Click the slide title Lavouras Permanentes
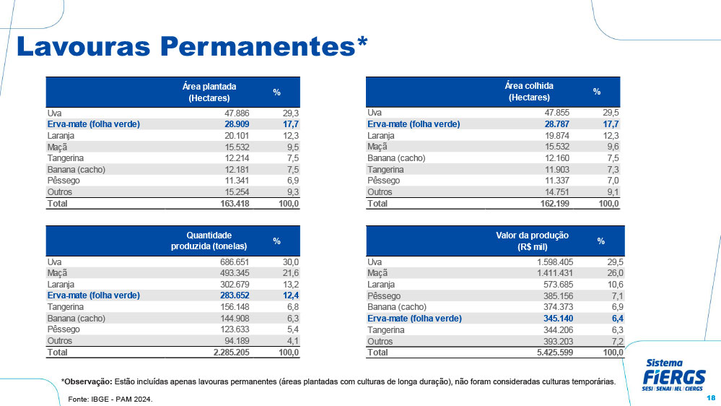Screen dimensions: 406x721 pyautogui.click(x=191, y=46)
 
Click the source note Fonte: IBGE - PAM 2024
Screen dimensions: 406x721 pyautogui.click(x=110, y=399)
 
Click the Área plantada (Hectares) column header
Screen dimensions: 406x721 pyautogui.click(x=209, y=92)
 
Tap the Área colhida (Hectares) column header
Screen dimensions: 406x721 pyautogui.click(x=529, y=92)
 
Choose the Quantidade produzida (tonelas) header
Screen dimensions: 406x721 pyautogui.click(x=209, y=241)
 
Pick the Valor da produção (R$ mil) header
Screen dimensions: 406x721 pyautogui.click(x=533, y=241)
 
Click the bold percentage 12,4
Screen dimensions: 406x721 pyautogui.click(x=289, y=295)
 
